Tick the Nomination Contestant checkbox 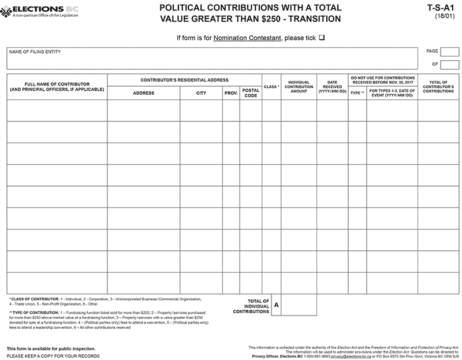[322, 38]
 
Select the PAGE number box [450, 51]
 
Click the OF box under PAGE [450, 64]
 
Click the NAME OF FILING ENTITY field [212, 58]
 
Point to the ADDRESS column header [143, 92]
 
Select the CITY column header [201, 92]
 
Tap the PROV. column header [231, 92]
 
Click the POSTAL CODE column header [251, 92]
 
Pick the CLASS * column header [271, 87]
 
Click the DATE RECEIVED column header [332, 87]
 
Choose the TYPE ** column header [357, 92]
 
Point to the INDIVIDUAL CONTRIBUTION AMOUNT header [299, 87]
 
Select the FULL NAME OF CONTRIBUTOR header [57, 87]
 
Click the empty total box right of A [299, 305]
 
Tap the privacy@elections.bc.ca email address [351, 357]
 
